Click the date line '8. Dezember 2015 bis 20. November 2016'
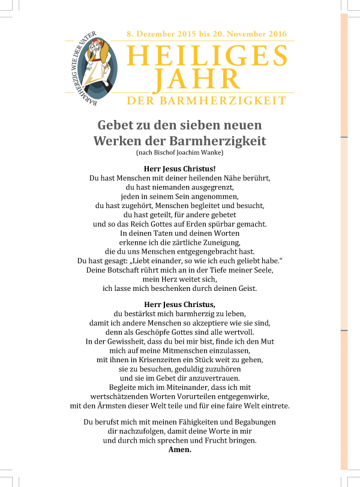[207, 34]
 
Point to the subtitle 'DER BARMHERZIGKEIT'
[207, 101]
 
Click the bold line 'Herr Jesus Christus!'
[180, 169]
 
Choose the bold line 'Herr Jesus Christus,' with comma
[180, 304]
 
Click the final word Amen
[180, 450]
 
